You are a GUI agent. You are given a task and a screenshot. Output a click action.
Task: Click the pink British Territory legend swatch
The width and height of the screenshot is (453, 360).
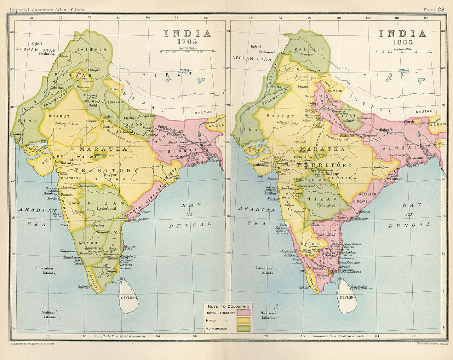point(243,313)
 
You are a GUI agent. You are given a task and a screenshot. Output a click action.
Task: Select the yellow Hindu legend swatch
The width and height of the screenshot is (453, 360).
point(243,321)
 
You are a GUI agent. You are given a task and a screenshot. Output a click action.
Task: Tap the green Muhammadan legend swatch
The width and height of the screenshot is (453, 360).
point(243,329)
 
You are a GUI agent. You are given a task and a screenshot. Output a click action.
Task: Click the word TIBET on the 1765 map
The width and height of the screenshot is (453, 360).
point(167,75)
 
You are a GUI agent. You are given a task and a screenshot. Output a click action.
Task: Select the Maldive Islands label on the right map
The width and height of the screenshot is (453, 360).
point(268,315)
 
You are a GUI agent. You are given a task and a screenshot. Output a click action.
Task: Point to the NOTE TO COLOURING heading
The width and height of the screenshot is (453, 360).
point(228,306)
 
